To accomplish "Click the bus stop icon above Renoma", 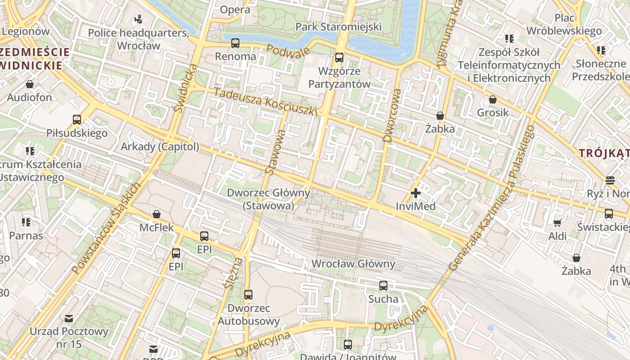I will (x=235, y=43).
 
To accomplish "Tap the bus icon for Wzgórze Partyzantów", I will (x=339, y=58).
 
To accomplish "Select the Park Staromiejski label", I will (x=338, y=27).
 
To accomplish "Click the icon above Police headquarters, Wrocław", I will (x=138, y=19).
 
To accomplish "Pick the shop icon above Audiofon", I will (x=30, y=84).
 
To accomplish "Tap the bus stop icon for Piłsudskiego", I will (x=77, y=120).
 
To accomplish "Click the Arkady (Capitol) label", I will (x=160, y=147).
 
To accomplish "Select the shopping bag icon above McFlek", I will (x=157, y=214).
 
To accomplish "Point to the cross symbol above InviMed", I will (x=416, y=193).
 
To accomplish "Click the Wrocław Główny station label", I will (x=353, y=264).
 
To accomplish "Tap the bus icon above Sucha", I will (x=383, y=286).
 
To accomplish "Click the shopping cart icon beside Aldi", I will (x=557, y=223).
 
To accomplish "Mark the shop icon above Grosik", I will (x=493, y=99).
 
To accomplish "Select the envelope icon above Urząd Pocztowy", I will (x=69, y=319).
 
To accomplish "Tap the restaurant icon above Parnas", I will (x=26, y=222).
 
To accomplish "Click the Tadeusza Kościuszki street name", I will (x=265, y=102).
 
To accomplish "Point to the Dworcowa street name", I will (x=391, y=116).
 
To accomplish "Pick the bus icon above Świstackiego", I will (x=609, y=214).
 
